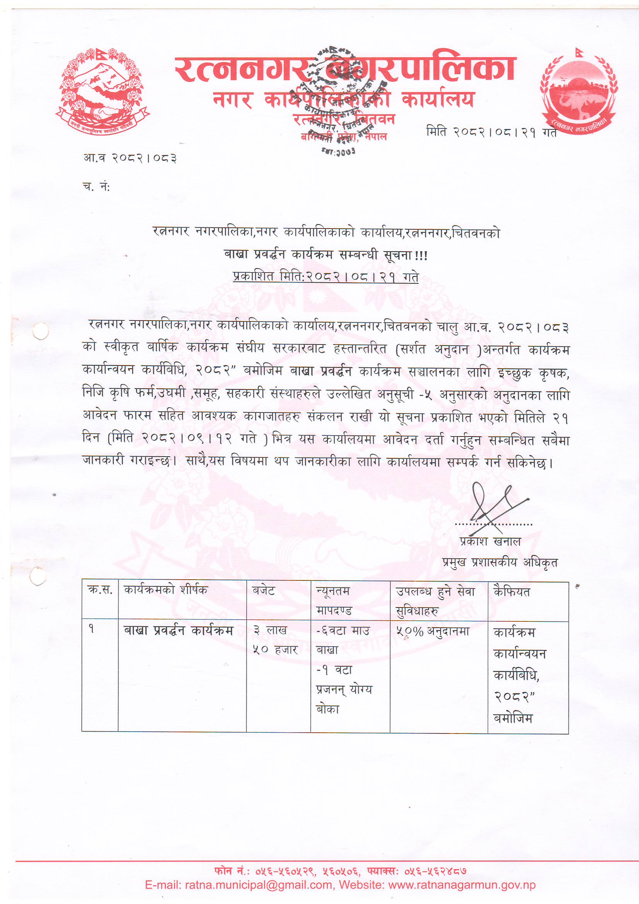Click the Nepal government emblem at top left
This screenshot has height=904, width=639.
coord(103,90)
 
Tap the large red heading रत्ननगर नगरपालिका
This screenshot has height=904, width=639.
coord(345,69)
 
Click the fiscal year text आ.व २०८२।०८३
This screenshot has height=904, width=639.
coord(130,158)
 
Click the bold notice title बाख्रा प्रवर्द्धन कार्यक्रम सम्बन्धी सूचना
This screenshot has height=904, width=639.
coord(325,255)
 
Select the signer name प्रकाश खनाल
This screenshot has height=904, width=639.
coord(490,542)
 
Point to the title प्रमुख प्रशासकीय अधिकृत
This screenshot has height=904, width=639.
coord(499,563)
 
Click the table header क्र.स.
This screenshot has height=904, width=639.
coord(100,590)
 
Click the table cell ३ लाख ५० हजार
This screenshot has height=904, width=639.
coord(275,640)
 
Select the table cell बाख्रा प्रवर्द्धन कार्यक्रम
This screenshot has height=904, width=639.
coord(178,631)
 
